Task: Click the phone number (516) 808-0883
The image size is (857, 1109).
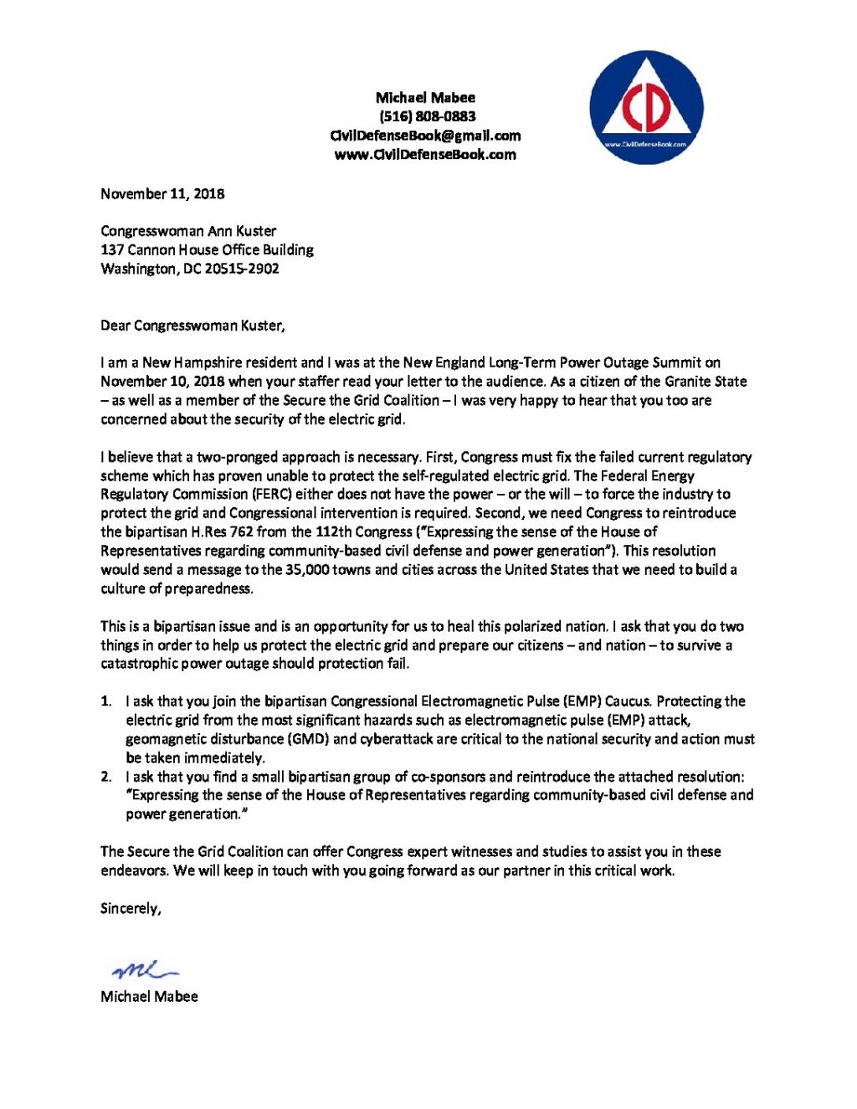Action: (426, 116)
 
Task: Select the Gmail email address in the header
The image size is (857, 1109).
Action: (425, 136)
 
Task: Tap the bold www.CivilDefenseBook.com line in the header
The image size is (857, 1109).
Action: (425, 154)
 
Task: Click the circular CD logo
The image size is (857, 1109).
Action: (646, 107)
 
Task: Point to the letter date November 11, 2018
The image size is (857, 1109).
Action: (162, 193)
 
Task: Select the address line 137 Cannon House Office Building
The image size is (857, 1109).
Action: (207, 249)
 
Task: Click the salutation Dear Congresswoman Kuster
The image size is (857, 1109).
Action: (192, 326)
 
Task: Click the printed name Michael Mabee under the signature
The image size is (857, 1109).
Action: (149, 996)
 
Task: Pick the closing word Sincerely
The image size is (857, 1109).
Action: (131, 908)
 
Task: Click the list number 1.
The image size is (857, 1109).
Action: (105, 701)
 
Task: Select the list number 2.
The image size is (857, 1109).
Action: (105, 777)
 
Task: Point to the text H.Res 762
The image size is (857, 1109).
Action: (223, 531)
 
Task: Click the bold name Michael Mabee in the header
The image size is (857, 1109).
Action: (425, 98)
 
